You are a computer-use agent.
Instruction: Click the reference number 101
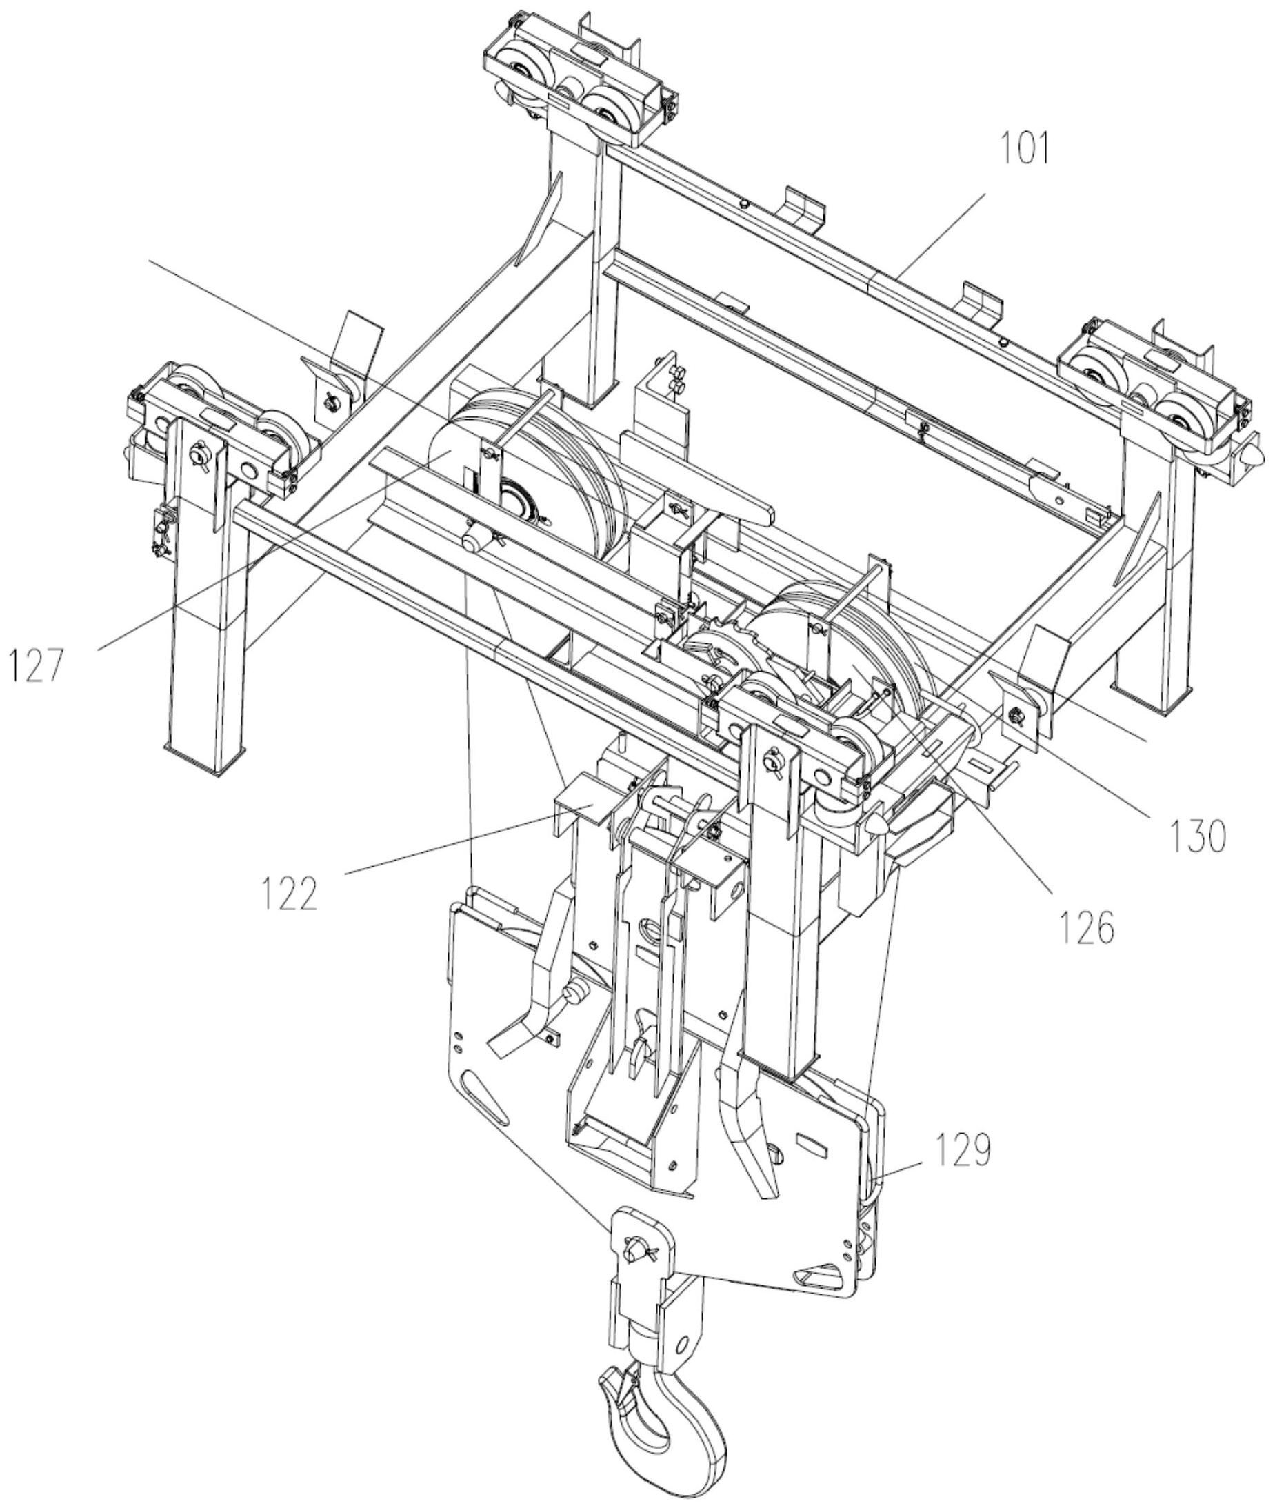(1024, 148)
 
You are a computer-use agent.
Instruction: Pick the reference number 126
(1087, 928)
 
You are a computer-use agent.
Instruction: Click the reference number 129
(963, 1150)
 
